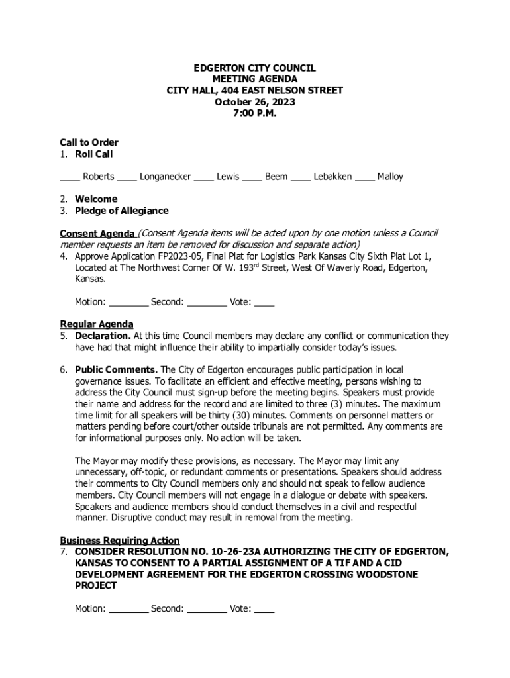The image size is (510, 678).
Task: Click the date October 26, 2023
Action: pyautogui.click(x=254, y=102)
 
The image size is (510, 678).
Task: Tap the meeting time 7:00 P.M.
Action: pyautogui.click(x=254, y=113)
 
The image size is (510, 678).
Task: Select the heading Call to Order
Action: pyautogui.click(x=89, y=142)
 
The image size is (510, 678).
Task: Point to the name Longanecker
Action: pyautogui.click(x=166, y=177)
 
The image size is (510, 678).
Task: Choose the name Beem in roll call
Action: pyautogui.click(x=276, y=177)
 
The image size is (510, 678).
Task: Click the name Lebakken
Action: pyautogui.click(x=332, y=177)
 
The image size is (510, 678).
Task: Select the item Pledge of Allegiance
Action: pyautogui.click(x=122, y=211)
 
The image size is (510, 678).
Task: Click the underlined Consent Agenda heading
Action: pyautogui.click(x=97, y=234)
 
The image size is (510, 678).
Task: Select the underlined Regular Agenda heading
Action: pyautogui.click(x=97, y=324)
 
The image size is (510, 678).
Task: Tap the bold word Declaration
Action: pyautogui.click(x=103, y=336)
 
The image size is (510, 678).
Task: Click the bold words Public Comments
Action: pyautogui.click(x=116, y=369)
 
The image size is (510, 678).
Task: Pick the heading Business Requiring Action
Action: pyautogui.click(x=120, y=540)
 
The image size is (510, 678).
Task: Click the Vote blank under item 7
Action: pyautogui.click(x=264, y=610)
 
